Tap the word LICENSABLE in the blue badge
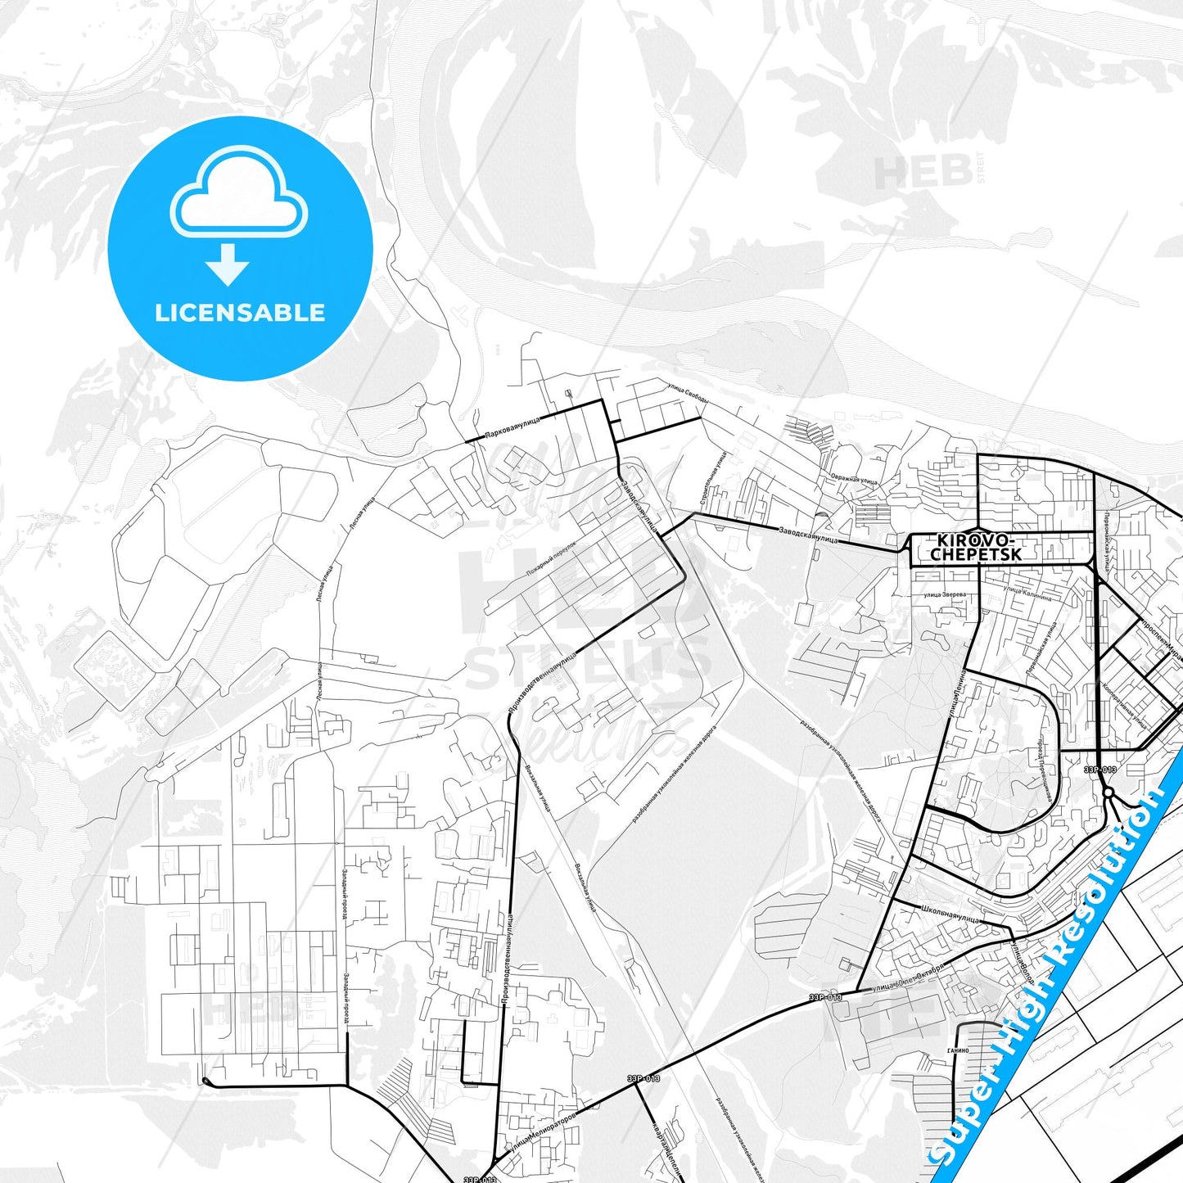(240, 312)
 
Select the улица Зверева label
(944, 594)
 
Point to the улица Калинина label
(1027, 593)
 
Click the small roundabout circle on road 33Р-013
(1108, 792)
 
